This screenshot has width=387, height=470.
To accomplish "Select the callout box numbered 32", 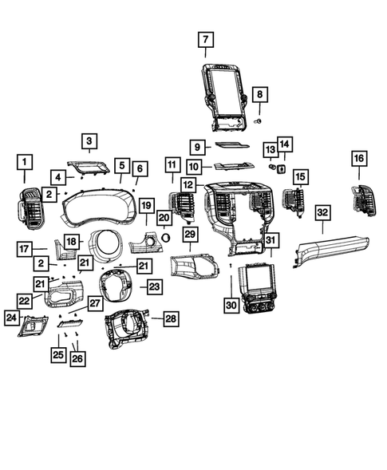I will click(322, 212).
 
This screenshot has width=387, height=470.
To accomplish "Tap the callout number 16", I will click(358, 160).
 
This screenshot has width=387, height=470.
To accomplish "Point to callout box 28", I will click(170, 318).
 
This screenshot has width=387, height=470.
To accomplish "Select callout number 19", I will click(146, 207).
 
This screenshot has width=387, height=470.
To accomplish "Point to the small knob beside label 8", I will click(258, 119).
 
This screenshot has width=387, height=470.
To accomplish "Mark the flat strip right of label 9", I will click(232, 146).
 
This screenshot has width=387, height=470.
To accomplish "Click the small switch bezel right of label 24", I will click(34, 322).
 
